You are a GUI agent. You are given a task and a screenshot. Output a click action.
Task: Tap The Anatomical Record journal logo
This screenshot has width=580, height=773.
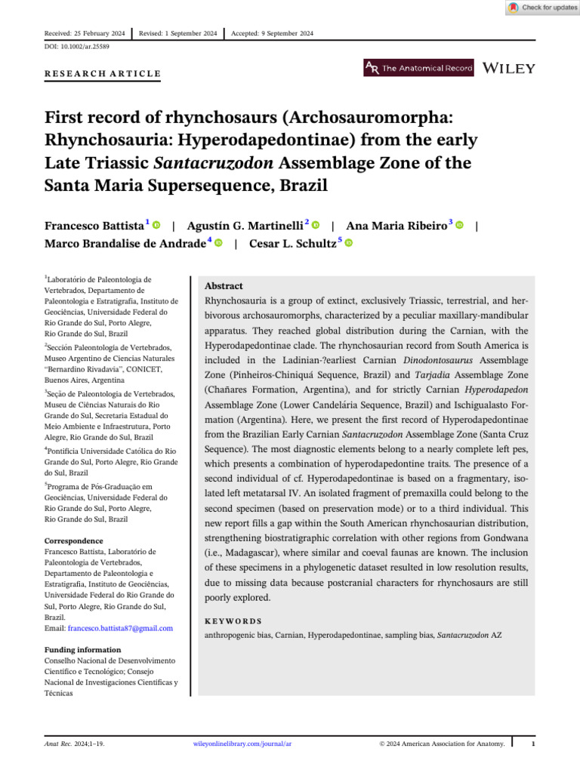click(419, 69)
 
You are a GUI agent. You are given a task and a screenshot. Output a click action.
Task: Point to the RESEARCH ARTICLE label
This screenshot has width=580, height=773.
click(103, 73)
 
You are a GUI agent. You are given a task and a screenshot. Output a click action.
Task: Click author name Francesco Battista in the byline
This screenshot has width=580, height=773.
click(94, 226)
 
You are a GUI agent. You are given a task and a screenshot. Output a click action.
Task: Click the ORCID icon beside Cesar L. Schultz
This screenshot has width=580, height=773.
click(350, 243)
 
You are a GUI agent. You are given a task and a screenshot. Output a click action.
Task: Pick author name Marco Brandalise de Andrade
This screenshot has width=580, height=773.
click(125, 243)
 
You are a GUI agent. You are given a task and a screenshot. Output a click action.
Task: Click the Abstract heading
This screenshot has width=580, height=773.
click(224, 286)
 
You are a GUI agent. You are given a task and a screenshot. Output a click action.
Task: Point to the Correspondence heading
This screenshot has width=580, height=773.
click(74, 541)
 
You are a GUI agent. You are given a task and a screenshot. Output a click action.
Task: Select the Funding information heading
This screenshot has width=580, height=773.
click(82, 650)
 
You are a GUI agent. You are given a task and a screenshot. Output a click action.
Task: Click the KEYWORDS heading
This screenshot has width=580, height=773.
click(233, 621)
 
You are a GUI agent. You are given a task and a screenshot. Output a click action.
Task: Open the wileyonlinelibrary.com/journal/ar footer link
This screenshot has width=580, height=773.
click(242, 744)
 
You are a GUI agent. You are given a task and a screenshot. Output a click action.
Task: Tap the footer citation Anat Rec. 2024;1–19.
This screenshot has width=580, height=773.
click(74, 744)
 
